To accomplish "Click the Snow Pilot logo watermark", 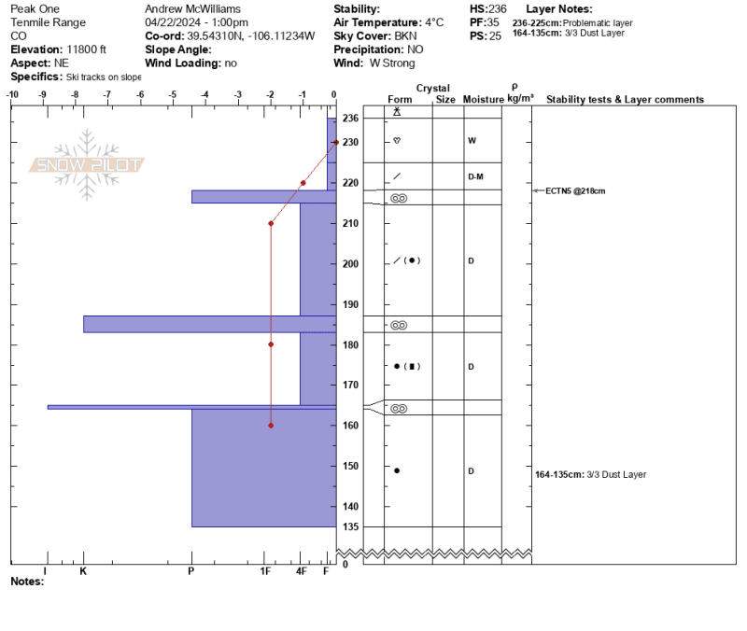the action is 87,164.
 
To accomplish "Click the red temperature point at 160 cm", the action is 271,426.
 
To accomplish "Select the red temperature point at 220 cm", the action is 303,183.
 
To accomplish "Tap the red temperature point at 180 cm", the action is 271,344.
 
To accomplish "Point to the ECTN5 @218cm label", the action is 575,191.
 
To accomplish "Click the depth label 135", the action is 350,526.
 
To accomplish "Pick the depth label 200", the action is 350,264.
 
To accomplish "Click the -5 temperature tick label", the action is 173,94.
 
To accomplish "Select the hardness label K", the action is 83,571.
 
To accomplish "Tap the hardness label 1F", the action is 265,571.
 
